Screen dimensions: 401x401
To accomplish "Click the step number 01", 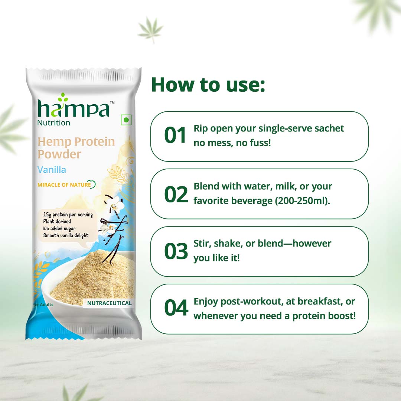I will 175,136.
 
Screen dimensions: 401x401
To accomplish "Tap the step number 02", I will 176,193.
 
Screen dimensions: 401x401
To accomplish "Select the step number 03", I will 176,251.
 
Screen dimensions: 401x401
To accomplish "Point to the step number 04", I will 176,309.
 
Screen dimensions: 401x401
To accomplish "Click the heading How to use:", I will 208,85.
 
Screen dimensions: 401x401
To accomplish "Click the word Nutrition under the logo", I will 53,123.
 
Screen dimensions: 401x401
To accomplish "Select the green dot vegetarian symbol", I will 126,120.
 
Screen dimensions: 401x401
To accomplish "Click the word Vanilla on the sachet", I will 52,170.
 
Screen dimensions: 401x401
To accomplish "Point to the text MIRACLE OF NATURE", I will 64,185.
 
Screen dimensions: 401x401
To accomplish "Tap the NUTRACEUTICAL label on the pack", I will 109,303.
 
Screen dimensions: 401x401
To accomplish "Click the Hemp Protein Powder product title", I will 76,148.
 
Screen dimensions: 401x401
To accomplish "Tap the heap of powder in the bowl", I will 93,282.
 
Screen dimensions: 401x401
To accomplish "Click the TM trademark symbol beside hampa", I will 113,102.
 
